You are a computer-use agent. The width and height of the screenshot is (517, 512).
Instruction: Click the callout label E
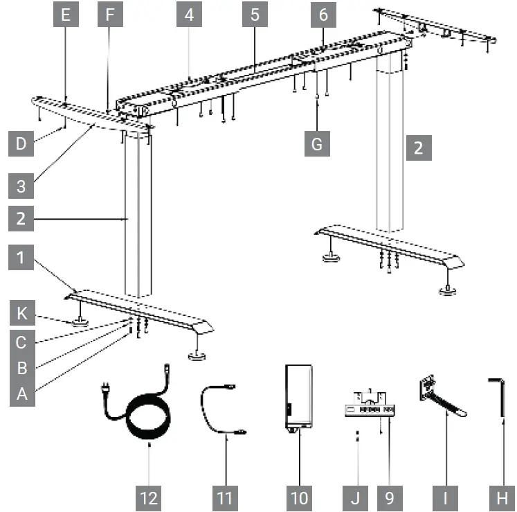66,16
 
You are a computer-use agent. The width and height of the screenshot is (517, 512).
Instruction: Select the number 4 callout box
189,16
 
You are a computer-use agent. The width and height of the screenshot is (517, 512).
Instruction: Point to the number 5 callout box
255,16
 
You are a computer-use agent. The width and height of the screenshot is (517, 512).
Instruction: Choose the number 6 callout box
323,16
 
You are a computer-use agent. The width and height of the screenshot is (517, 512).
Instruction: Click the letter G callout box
317,145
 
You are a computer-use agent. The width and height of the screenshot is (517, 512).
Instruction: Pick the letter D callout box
21,145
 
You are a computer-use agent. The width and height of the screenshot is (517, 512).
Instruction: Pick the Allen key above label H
497,398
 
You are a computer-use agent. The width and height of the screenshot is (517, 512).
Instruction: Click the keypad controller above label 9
370,409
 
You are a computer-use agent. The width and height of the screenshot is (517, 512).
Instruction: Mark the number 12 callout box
149,497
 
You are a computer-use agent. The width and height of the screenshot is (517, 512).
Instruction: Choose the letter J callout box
356,497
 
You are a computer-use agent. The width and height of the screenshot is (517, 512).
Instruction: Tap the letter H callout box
501,497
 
